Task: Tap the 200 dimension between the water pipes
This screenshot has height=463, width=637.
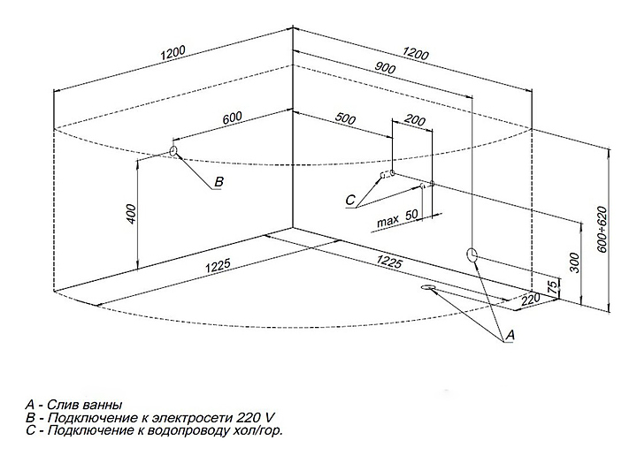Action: (x=413, y=119)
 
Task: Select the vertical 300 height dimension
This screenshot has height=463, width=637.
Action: (x=574, y=262)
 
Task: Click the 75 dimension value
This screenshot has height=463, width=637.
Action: (x=553, y=286)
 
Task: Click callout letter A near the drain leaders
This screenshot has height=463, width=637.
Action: (x=509, y=337)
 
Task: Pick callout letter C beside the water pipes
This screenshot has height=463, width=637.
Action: (x=350, y=199)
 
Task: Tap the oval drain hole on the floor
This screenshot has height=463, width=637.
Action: (x=430, y=288)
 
